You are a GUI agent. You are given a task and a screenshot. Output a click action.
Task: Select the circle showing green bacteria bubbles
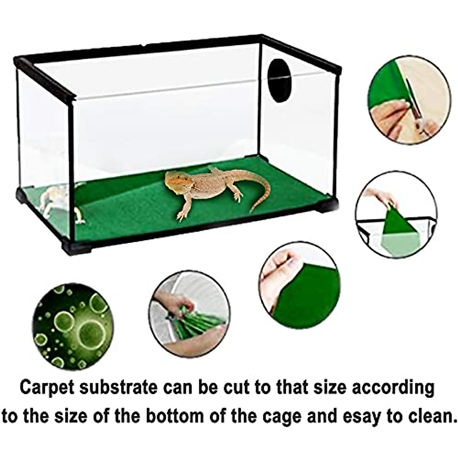73,326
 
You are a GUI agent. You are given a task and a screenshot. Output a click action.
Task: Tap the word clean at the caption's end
428,416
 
